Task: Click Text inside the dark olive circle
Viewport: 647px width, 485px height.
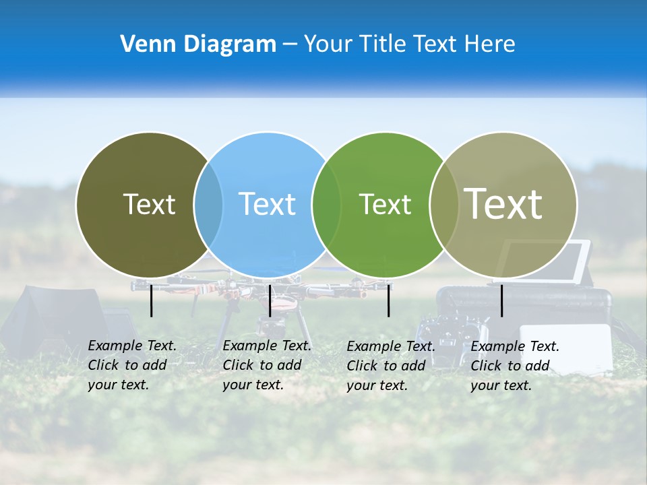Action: (x=149, y=204)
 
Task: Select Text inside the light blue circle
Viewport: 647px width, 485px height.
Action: (x=267, y=204)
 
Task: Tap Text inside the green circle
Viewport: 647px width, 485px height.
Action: (x=385, y=204)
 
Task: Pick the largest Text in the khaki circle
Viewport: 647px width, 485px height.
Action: (x=503, y=204)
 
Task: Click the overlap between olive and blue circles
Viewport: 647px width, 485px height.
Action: (x=208, y=204)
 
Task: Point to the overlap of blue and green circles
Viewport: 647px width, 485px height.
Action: (x=327, y=204)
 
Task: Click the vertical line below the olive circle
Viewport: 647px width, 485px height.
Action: (x=151, y=300)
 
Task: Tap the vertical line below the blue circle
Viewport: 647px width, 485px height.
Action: (x=270, y=300)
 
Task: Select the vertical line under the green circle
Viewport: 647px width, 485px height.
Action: (x=388, y=300)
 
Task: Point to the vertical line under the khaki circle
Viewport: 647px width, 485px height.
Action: (x=501, y=300)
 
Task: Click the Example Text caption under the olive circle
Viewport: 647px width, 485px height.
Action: (x=132, y=365)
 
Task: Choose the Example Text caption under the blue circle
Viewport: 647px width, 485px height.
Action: (x=267, y=365)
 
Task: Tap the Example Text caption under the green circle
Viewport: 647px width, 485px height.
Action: (x=391, y=366)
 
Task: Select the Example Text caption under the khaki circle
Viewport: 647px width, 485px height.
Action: (x=515, y=366)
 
